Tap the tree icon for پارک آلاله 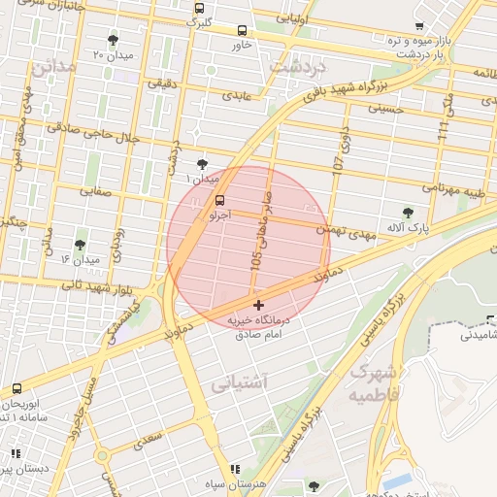tap(408, 213)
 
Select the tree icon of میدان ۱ tap(201, 164)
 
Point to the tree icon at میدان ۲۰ tap(113, 40)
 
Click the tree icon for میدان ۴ tap(80, 245)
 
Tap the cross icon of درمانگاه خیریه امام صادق tap(257, 305)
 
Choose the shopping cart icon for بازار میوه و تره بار tap(418, 26)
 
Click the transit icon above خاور tap(242, 30)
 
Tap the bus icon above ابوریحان tap(17, 389)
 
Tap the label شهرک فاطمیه tap(373, 382)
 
